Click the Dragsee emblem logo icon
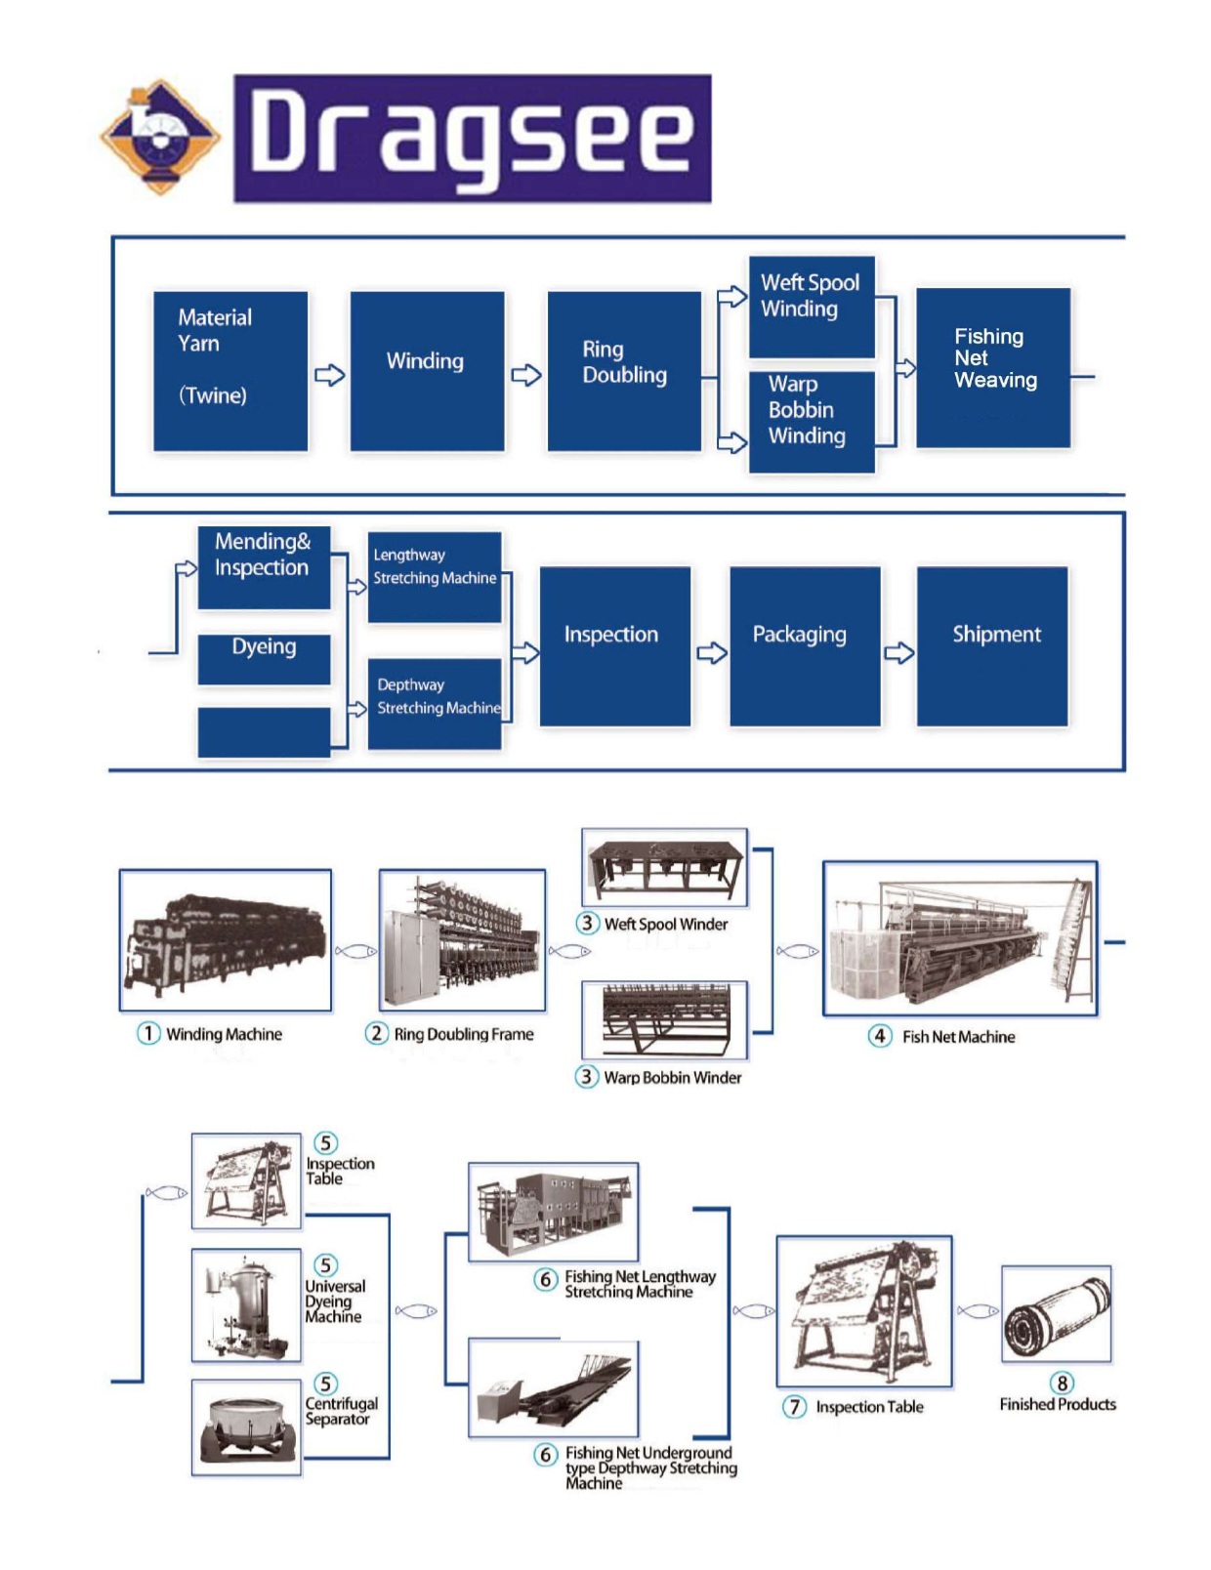click(x=161, y=137)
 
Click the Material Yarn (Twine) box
click(x=230, y=371)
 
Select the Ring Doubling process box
click(x=624, y=371)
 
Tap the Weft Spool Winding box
click(x=812, y=307)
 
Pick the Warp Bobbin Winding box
click(x=812, y=422)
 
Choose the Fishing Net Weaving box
click(x=993, y=368)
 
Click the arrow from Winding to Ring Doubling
click(x=525, y=375)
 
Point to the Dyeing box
click(x=264, y=658)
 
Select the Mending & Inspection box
click(x=264, y=567)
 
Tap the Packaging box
click(x=805, y=646)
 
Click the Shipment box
click(x=992, y=646)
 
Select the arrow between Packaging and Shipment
click(x=898, y=652)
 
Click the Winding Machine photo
click(x=226, y=940)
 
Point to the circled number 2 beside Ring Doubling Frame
click(x=377, y=1033)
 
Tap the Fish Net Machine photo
click(x=960, y=938)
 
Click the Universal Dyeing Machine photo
click(x=246, y=1305)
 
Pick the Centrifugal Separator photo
click(x=246, y=1426)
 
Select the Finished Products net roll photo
click(x=1057, y=1313)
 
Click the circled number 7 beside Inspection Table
click(x=795, y=1406)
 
